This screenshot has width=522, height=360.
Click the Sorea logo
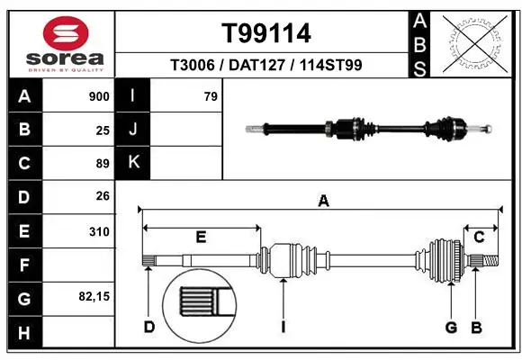point(58,42)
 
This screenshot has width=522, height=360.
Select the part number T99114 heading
point(266,33)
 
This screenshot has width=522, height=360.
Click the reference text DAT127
point(266,65)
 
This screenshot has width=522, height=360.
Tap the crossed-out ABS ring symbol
point(474,42)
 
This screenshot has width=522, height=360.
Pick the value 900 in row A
point(99,96)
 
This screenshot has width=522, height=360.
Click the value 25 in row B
point(103,130)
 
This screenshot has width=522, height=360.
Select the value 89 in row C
point(103,163)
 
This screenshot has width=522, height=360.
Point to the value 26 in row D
point(103,196)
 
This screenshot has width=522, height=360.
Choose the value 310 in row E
point(99,230)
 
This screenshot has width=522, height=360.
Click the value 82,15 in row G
point(95,295)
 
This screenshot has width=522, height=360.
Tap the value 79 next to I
point(211,96)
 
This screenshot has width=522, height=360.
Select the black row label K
point(133,163)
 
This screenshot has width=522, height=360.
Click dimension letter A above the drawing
point(323,202)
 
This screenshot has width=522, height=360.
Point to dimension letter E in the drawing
point(202,237)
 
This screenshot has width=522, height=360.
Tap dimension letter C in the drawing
point(480,237)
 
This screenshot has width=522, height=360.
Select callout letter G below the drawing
point(452,327)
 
